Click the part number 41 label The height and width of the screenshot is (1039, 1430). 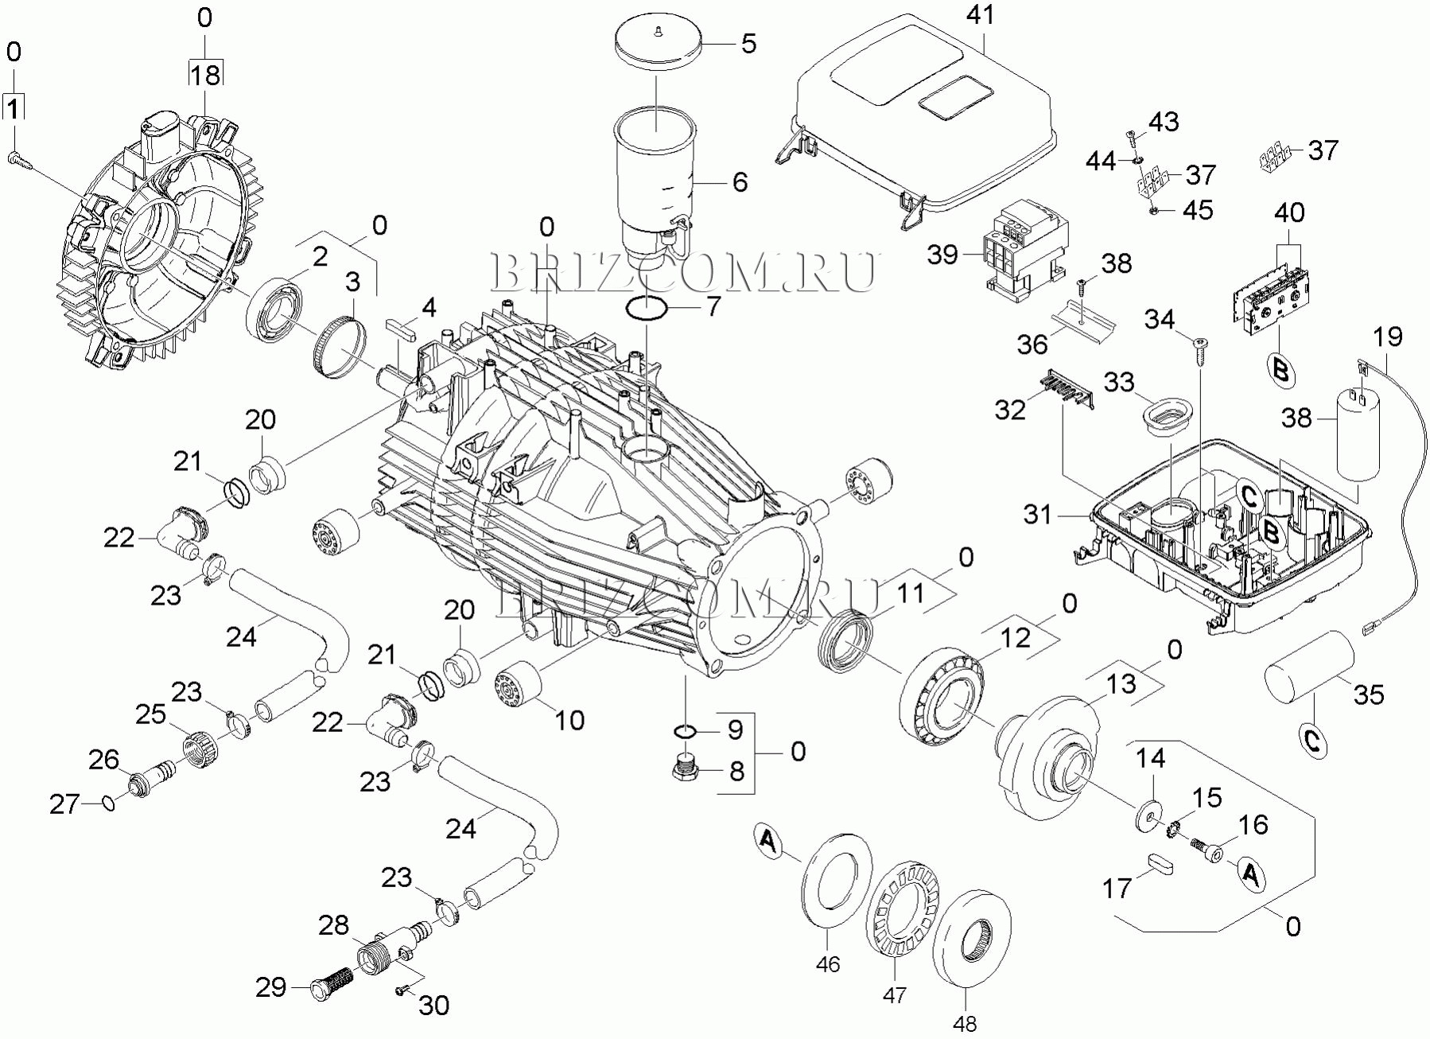pos(981,17)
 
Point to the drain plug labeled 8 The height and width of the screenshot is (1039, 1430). pos(684,770)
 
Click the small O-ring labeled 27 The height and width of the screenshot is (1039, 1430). pos(109,804)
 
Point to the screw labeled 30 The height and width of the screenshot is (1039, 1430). pos(402,990)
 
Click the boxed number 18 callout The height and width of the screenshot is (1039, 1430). pos(205,75)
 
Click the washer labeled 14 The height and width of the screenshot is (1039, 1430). pos(1147,817)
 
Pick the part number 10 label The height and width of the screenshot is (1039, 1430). pos(569,719)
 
